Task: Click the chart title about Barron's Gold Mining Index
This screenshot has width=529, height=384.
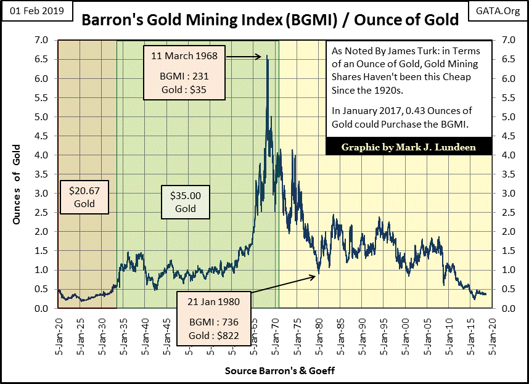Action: (x=270, y=20)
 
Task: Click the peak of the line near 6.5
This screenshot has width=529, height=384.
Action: (x=267, y=57)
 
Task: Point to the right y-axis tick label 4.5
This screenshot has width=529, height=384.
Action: (x=506, y=136)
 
